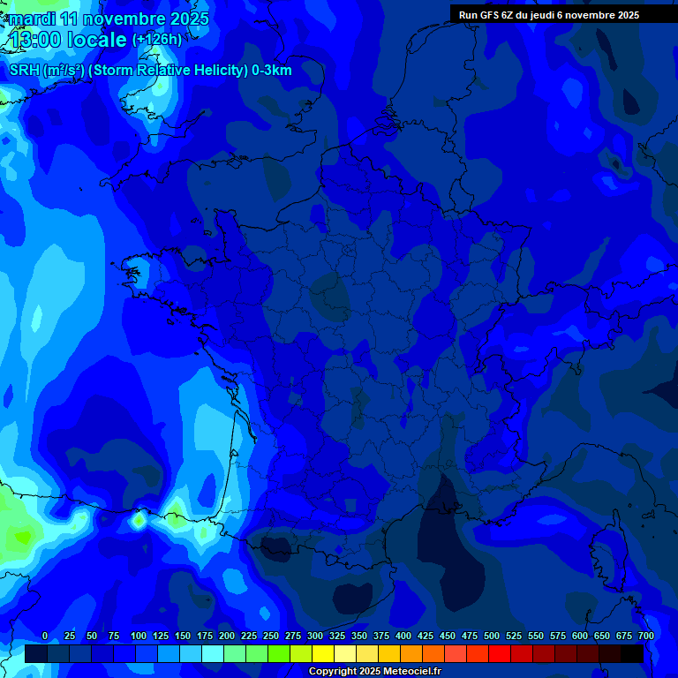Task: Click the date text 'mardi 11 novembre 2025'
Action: click(109, 19)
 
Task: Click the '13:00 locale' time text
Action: click(67, 41)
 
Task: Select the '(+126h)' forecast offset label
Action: click(157, 40)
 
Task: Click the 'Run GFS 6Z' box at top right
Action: click(548, 15)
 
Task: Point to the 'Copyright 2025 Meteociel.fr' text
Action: click(374, 671)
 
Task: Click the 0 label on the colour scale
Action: click(45, 636)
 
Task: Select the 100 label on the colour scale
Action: click(139, 636)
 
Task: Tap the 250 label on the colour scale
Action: click(271, 636)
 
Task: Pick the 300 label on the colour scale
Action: click(315, 636)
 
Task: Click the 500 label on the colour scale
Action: click(492, 636)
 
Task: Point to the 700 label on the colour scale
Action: click(646, 636)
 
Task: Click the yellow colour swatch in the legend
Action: click(323, 653)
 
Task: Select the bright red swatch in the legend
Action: click(500, 653)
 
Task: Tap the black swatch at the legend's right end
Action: click(632, 653)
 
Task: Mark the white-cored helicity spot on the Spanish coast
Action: click(139, 520)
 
